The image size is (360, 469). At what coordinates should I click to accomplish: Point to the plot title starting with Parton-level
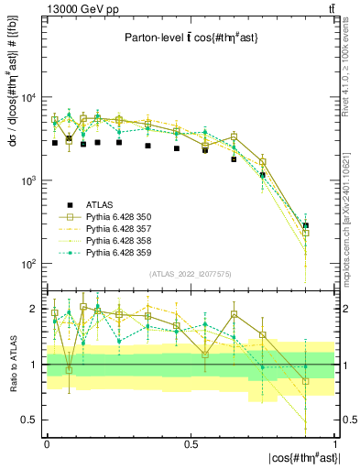click(x=189, y=38)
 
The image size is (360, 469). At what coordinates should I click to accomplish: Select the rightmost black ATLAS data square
click(x=306, y=225)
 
